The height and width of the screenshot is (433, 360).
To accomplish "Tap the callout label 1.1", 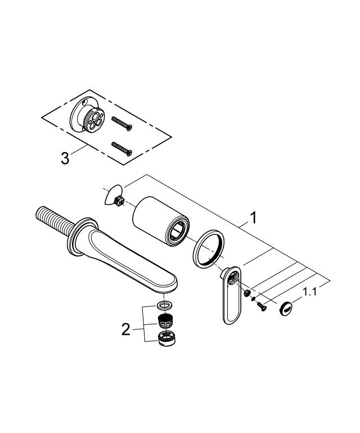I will [310, 292].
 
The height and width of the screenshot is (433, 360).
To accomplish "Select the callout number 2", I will [125, 329].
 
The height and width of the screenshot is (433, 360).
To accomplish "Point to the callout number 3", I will [65, 158].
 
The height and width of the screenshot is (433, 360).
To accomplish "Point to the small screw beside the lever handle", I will [260, 305].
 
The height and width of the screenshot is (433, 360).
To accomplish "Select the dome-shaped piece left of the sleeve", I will [113, 195].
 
